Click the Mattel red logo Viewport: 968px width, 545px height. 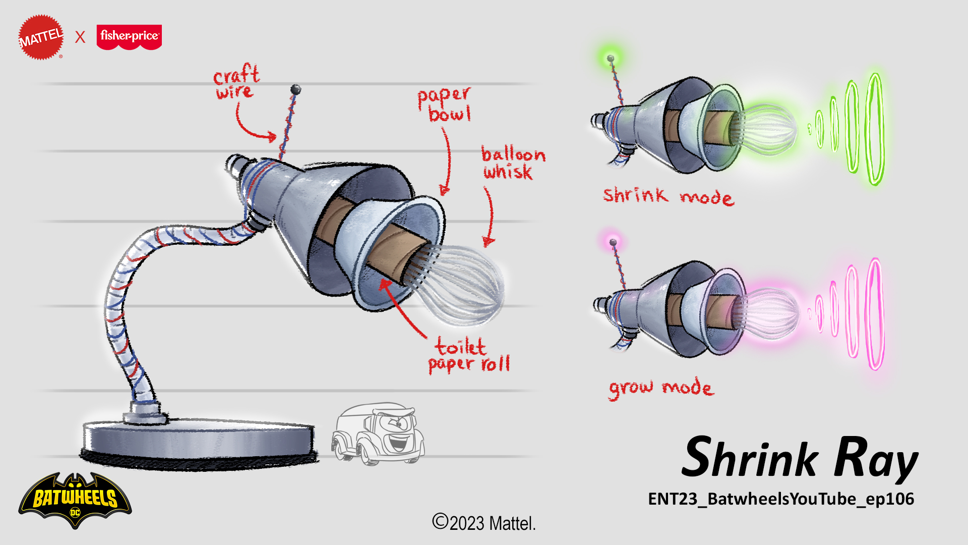point(41,37)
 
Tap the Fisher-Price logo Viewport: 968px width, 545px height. point(129,37)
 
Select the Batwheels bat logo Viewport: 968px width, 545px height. point(75,500)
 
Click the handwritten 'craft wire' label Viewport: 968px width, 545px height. point(236,82)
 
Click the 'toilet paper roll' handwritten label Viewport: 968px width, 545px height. point(468,355)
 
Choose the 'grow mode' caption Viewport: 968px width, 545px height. point(660,388)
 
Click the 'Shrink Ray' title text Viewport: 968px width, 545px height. point(799,458)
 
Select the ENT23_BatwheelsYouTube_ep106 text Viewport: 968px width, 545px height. point(780,499)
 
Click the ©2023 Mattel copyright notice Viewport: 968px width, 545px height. point(483,523)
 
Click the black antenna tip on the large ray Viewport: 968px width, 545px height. point(295,90)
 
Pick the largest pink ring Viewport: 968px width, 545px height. point(875,314)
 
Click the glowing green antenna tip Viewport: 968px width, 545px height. point(611,59)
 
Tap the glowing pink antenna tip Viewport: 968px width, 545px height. point(613,243)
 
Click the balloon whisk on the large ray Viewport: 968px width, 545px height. point(461,283)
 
